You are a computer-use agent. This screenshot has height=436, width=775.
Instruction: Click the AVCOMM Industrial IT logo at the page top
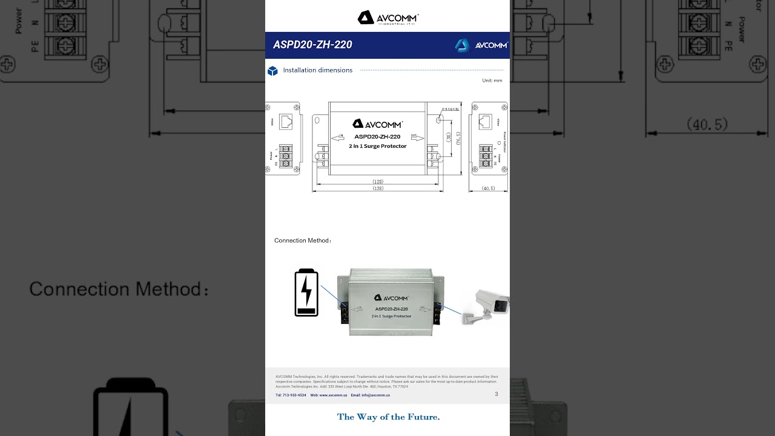pos(387,18)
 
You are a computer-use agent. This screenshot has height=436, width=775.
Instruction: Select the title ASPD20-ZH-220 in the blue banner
pos(312,45)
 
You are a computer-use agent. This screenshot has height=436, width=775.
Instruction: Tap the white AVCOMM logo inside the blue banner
pos(481,45)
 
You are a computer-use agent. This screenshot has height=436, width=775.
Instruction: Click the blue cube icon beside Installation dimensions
pos(272,71)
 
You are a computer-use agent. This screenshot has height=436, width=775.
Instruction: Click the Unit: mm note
pos(492,81)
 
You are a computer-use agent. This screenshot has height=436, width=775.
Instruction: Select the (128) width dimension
pos(378,181)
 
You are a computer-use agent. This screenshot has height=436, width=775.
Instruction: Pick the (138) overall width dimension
pos(378,188)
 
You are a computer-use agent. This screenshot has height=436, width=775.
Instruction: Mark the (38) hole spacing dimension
pos(449,137)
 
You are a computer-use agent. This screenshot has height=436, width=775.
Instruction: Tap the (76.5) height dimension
pos(458,138)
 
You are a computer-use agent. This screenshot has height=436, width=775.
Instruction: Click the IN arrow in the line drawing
pos(338,137)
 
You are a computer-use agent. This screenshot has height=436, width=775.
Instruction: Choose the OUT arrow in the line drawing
pos(417,137)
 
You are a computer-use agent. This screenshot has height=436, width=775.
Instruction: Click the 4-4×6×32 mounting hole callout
pos(449,109)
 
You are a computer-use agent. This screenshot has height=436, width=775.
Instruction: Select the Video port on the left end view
pos(286,121)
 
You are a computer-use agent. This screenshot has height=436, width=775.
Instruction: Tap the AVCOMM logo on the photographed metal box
pos(391,298)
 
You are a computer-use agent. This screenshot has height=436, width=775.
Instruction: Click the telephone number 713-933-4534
pos(291,395)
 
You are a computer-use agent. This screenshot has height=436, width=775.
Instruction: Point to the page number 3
pos(496,394)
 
